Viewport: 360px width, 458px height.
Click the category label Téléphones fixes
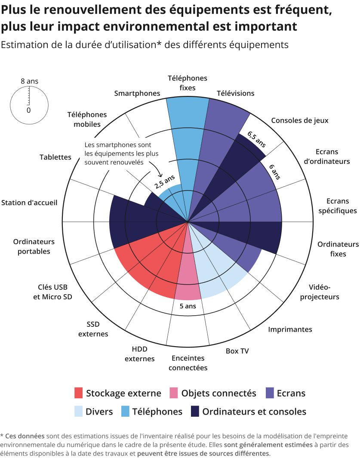[x=187, y=83]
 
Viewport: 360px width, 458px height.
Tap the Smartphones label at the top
[x=137, y=93]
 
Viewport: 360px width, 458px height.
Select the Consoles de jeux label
[x=299, y=120]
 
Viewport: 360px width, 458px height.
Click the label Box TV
[x=237, y=351]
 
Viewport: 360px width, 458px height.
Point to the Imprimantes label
[x=290, y=329]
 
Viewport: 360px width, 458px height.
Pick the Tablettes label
[x=55, y=157]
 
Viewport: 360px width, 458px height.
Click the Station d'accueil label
[x=29, y=203]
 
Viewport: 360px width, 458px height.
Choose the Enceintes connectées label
[x=188, y=363]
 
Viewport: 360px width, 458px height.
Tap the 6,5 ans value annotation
[x=257, y=140]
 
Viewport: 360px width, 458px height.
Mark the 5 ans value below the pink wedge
[x=188, y=306]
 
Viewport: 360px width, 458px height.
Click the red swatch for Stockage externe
[x=78, y=393]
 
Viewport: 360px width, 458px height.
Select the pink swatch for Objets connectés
[x=174, y=393]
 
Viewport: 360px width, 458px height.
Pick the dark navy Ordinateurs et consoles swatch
[x=195, y=412]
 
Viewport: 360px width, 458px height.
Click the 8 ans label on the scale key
[x=29, y=81]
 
